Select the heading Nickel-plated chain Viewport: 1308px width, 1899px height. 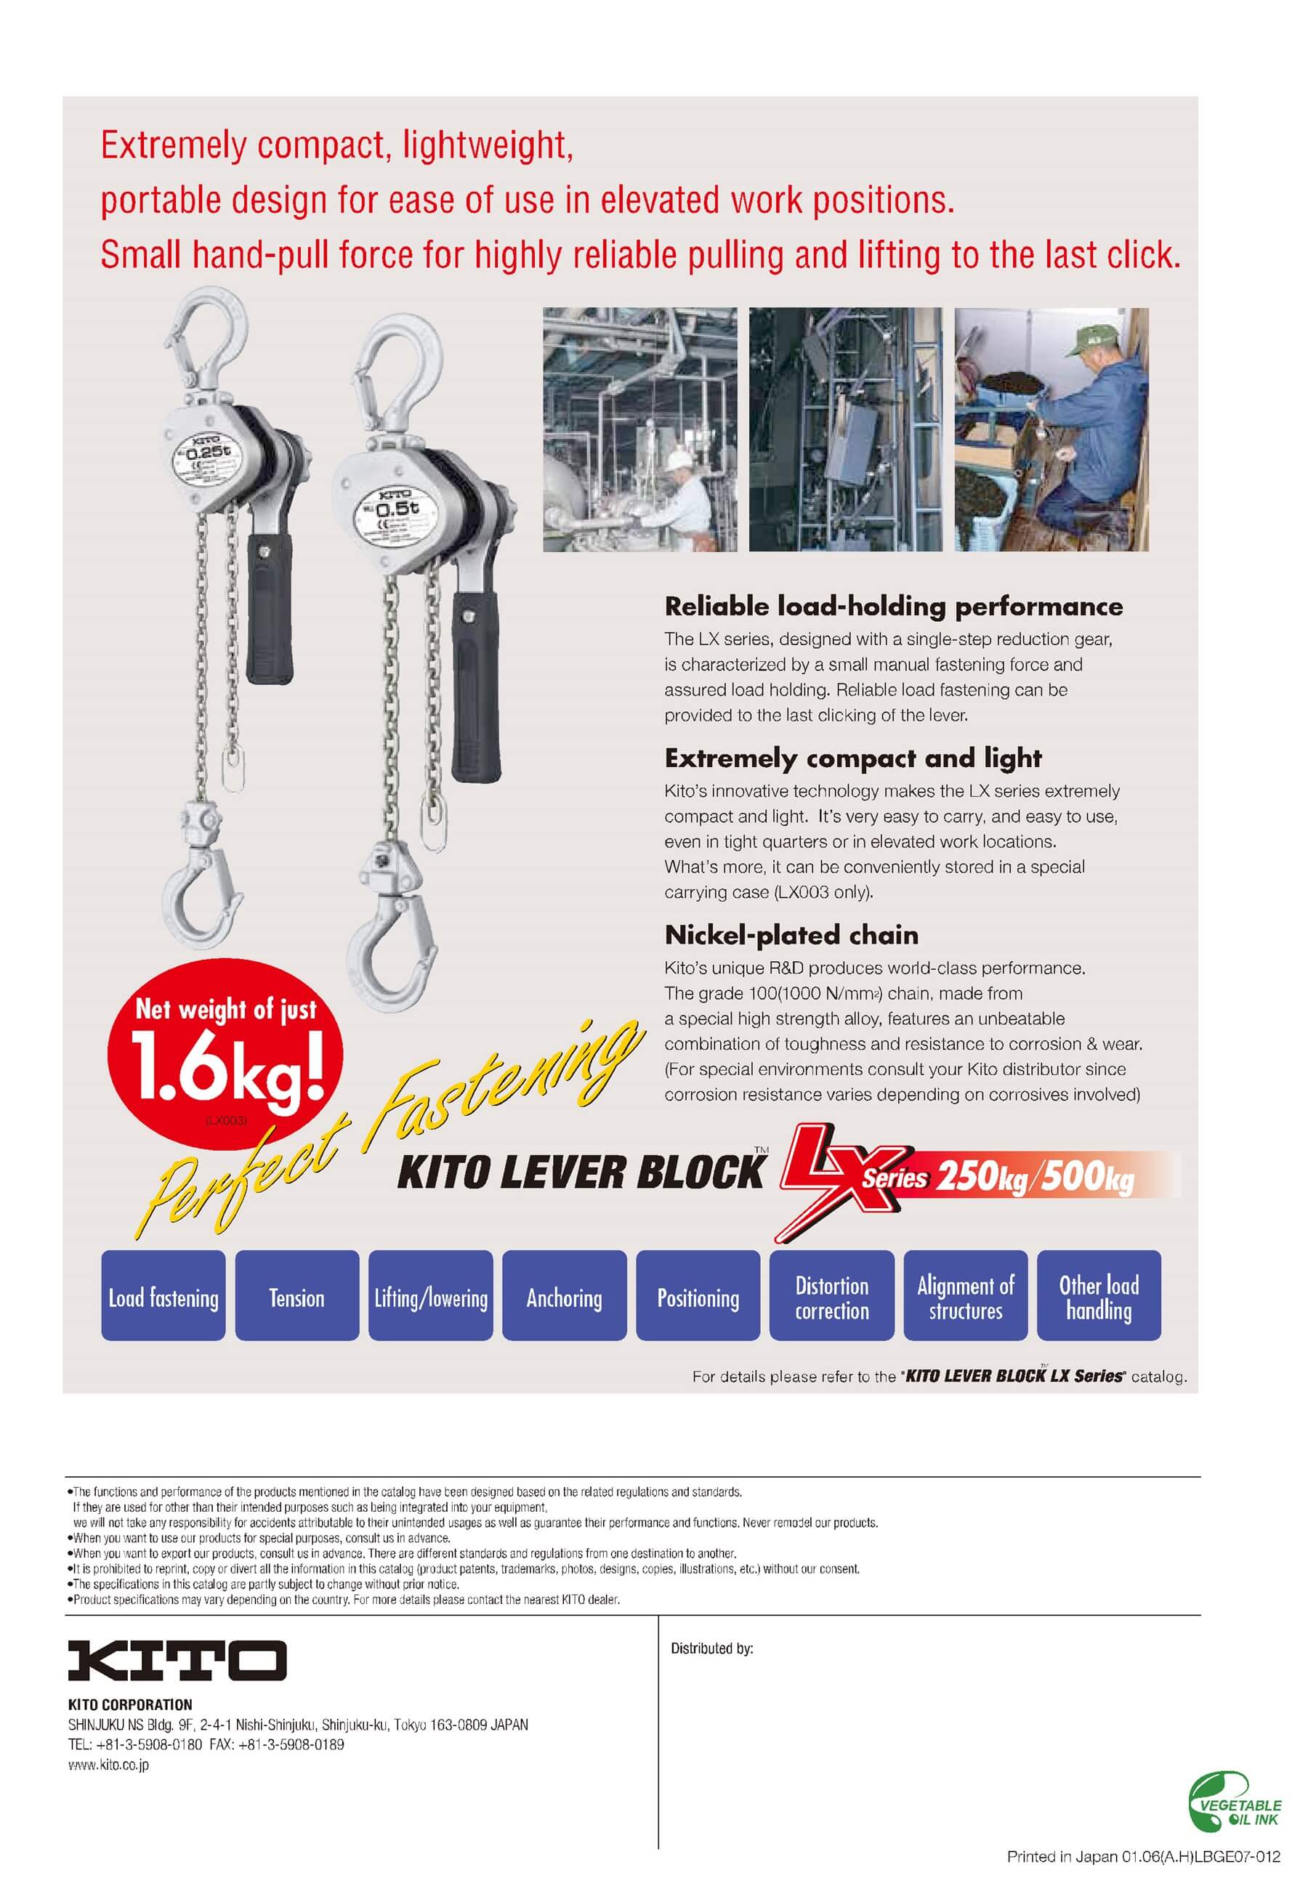(x=791, y=935)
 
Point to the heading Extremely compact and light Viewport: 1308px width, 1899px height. (x=853, y=758)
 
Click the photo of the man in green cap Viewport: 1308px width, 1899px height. (x=1051, y=429)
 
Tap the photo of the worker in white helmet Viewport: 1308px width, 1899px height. (x=639, y=429)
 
